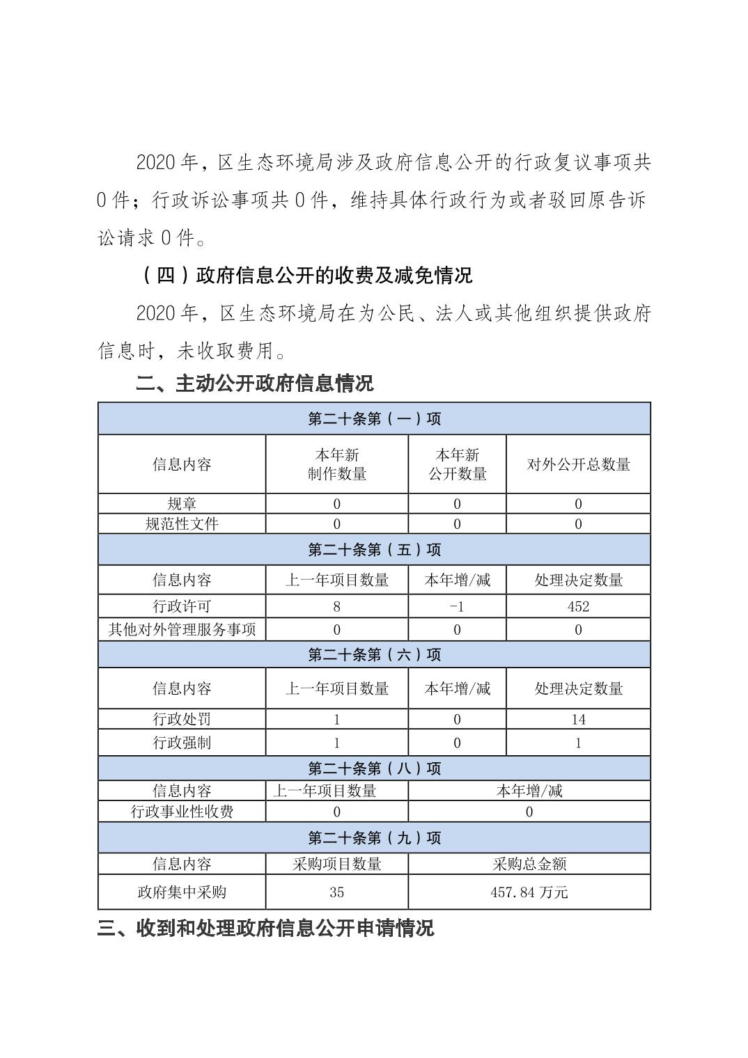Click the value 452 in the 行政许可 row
(578, 606)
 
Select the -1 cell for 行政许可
(457, 606)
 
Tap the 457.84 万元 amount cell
(529, 892)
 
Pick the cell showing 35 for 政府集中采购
(337, 892)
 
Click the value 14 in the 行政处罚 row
(578, 719)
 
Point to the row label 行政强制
(182, 743)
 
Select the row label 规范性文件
(182, 523)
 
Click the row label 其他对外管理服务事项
(182, 629)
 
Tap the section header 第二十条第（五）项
(374, 550)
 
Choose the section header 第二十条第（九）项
(374, 837)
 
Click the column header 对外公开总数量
(578, 464)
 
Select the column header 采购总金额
(529, 864)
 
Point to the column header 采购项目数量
(337, 864)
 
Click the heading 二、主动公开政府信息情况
(255, 383)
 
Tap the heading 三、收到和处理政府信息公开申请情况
(265, 928)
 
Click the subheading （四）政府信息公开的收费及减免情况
(306, 276)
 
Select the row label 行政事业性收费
(182, 812)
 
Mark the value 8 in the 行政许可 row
(337, 606)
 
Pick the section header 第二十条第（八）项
(374, 768)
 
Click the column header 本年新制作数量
(337, 464)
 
